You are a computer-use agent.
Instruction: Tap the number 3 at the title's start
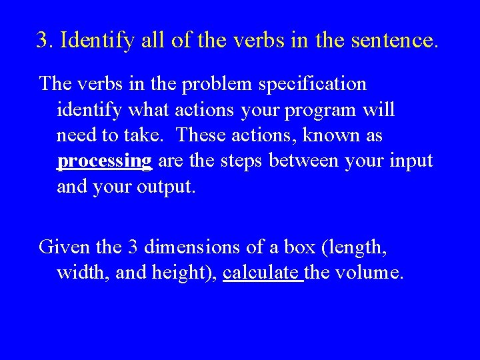click(x=43, y=41)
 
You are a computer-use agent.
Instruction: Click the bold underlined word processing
click(x=105, y=161)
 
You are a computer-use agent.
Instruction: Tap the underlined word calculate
click(x=263, y=273)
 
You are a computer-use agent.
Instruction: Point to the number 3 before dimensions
click(x=131, y=247)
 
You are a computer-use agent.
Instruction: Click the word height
click(x=184, y=273)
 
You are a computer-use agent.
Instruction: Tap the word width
click(x=79, y=273)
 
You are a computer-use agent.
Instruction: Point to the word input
click(x=412, y=161)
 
